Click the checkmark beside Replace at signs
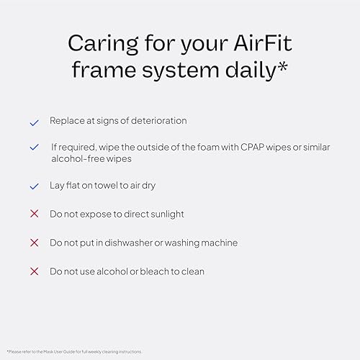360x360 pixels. point(34,123)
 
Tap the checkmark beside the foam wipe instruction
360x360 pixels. point(34,147)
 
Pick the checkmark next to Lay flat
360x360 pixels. point(34,186)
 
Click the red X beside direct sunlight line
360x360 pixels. point(34,215)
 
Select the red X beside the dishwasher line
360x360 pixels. point(34,243)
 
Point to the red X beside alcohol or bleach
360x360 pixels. point(34,271)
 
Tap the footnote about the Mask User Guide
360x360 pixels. point(74,351)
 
